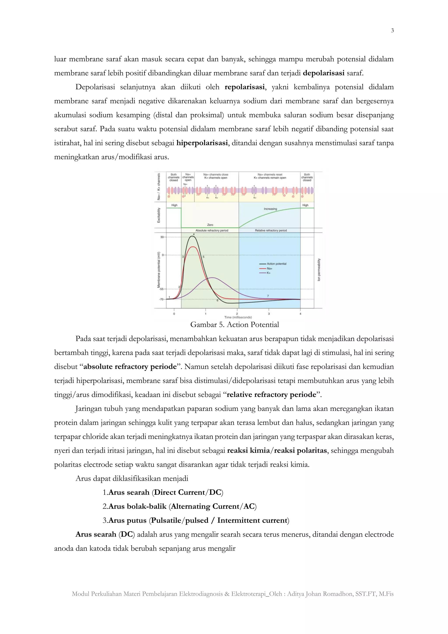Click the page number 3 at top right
click(x=392, y=31)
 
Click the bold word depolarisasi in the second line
click(x=323, y=73)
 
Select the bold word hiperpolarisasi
click(x=202, y=143)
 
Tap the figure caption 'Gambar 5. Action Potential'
click(x=234, y=324)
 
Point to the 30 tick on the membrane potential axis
click(x=162, y=237)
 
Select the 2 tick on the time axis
click(x=237, y=314)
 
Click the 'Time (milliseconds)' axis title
click(x=238, y=317)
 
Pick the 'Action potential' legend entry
click(x=276, y=264)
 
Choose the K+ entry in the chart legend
click(x=268, y=273)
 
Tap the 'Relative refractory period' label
click(x=271, y=230)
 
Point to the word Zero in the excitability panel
click(x=210, y=225)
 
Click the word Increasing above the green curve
click(x=270, y=209)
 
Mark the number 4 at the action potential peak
click(x=194, y=234)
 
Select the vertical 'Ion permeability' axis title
click(x=319, y=270)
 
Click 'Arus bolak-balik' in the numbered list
click(x=137, y=506)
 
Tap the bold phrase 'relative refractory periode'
click(x=271, y=394)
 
